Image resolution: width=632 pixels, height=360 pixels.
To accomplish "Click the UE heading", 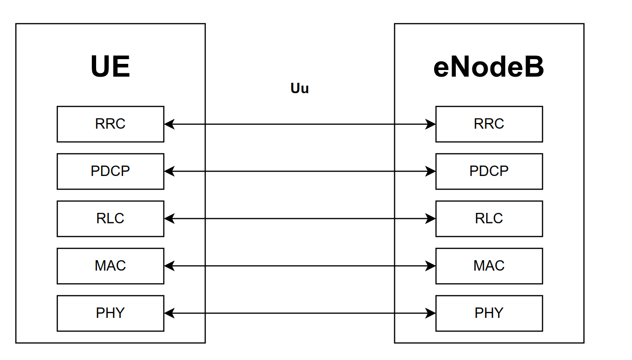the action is [x=110, y=67].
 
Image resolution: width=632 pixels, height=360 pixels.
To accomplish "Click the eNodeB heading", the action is [x=489, y=67].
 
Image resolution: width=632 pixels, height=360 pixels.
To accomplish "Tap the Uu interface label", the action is [x=300, y=88].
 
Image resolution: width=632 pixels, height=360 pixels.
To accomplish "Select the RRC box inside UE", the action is [x=111, y=124].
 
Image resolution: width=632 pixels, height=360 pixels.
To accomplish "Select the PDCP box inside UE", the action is [x=111, y=171].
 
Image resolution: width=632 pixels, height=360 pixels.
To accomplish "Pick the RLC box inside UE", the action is [x=111, y=219].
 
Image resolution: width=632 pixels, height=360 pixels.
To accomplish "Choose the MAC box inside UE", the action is [x=111, y=266].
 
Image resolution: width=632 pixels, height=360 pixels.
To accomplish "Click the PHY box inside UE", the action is [x=111, y=313].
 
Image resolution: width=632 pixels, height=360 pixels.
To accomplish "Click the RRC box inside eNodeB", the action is [x=489, y=124].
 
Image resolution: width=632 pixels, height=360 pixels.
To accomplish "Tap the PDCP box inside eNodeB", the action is [x=489, y=171].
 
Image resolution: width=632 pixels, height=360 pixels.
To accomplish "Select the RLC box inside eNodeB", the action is [x=489, y=219].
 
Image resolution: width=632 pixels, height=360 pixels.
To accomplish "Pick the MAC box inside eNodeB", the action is [x=489, y=266].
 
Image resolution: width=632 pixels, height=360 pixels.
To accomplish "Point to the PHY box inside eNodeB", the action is [x=489, y=313].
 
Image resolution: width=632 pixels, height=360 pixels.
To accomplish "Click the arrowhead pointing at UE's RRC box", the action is [x=169, y=124].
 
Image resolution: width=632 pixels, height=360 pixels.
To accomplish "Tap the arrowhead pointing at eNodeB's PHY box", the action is [x=430, y=313].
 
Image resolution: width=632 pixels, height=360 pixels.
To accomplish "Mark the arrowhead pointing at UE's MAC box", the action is [x=169, y=266].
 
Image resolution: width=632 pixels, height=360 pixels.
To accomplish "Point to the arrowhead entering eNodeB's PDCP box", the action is [x=430, y=171].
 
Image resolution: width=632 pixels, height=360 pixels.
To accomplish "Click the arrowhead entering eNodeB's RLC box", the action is [x=430, y=219].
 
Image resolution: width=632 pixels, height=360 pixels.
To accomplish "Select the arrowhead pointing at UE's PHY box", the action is [x=169, y=313].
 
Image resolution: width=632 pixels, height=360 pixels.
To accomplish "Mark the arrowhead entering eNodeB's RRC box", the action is [x=430, y=124].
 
